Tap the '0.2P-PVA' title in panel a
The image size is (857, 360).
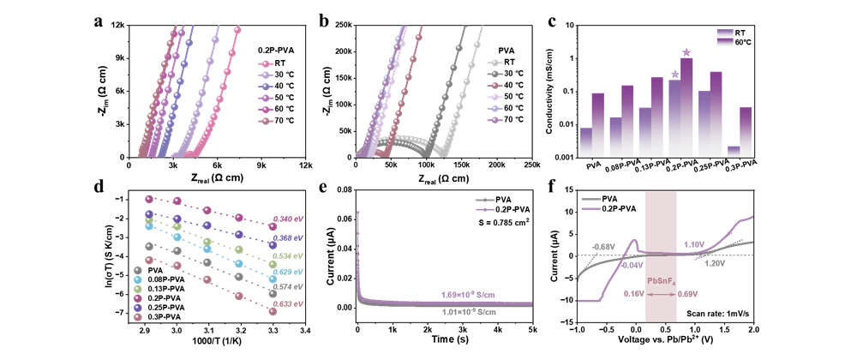click(277, 51)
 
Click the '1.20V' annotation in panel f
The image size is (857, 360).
click(714, 264)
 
